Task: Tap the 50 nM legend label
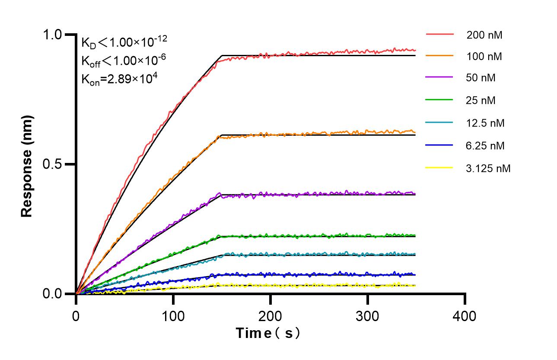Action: tap(481, 78)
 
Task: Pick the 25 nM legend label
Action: tap(481, 101)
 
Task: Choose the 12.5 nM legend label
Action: tap(485, 123)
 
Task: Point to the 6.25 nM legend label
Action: tap(485, 146)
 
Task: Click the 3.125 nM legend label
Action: tap(488, 168)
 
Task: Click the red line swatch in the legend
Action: tap(439, 34)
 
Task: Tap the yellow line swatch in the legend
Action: tap(439, 167)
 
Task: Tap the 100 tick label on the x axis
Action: tap(173, 316)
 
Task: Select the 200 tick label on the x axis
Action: tap(271, 316)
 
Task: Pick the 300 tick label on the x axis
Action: tap(368, 316)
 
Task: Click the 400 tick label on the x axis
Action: tap(465, 316)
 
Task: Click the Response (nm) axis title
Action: tap(27, 164)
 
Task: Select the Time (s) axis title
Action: tap(267, 333)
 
